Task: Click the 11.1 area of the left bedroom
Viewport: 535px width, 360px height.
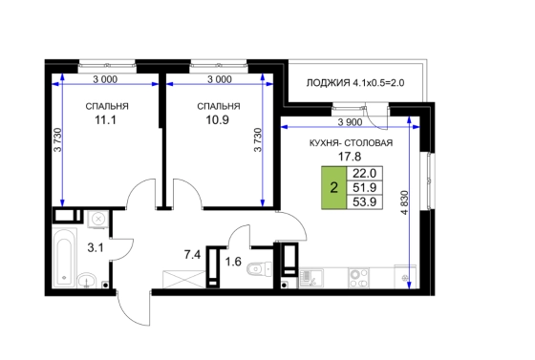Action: pos(105,120)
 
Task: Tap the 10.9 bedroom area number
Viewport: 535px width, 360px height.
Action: pos(218,120)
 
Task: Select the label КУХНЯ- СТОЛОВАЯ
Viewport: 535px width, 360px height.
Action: pos(351,143)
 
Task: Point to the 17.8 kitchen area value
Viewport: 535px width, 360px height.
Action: pos(350,157)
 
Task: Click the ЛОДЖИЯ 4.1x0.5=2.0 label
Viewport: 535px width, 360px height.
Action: pos(355,83)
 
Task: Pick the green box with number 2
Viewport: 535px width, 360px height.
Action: pos(334,187)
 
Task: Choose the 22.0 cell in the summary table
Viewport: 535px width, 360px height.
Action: pos(364,173)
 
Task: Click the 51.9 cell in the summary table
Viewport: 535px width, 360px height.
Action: pos(364,187)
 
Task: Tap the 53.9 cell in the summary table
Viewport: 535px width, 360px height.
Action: pos(364,201)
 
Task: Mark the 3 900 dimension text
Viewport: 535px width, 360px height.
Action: pos(350,122)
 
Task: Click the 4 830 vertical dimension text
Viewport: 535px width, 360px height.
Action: pos(405,202)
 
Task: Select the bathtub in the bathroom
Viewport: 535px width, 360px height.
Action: pos(65,259)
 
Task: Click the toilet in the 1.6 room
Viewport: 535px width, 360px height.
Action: pos(259,269)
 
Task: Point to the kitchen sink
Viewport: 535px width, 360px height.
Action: pos(311,278)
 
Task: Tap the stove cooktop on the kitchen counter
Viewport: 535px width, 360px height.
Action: pos(358,278)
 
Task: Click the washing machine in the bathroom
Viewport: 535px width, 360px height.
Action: pos(98,219)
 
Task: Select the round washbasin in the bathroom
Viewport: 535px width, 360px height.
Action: pos(87,281)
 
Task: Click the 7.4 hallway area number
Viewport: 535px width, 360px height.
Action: pos(192,254)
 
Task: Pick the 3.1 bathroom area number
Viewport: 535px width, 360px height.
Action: pos(96,248)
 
